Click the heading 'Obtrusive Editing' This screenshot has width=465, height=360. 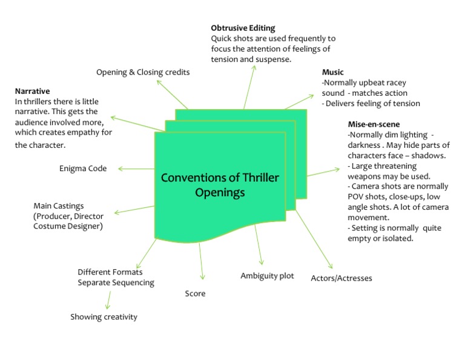click(x=243, y=28)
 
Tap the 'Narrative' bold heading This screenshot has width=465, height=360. click(x=32, y=91)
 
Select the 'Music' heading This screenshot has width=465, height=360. click(x=332, y=72)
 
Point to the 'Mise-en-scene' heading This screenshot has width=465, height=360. click(x=374, y=124)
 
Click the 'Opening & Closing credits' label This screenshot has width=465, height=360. click(x=143, y=72)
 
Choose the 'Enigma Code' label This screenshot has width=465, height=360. click(x=83, y=168)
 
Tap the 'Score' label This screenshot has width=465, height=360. click(x=195, y=293)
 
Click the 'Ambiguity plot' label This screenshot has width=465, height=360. click(x=267, y=276)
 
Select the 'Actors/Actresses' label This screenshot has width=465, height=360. click(x=341, y=278)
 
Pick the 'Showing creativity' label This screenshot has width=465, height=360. click(x=104, y=316)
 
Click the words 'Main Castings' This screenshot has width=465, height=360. click(x=59, y=206)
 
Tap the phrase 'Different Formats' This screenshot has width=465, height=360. click(x=110, y=272)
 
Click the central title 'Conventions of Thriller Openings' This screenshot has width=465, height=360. click(x=219, y=185)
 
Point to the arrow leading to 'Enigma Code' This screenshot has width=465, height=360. click(x=136, y=168)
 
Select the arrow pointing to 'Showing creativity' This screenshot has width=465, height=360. click(x=109, y=299)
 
